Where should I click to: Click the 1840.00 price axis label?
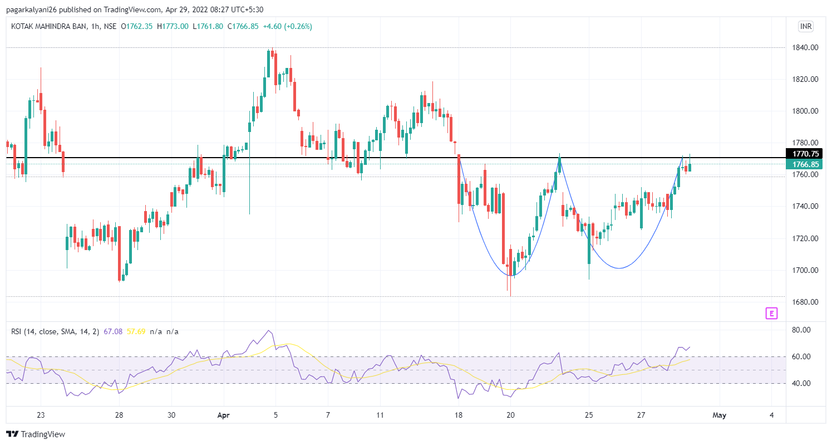pyautogui.click(x=805, y=48)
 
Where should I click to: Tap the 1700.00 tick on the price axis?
pyautogui.click(x=805, y=271)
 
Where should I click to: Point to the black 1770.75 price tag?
pyautogui.click(x=805, y=154)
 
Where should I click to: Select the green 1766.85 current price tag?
pyautogui.click(x=805, y=164)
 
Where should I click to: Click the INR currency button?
pyautogui.click(x=805, y=27)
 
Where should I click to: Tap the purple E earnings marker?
pyautogui.click(x=771, y=314)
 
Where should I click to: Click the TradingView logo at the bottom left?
pyautogui.click(x=36, y=434)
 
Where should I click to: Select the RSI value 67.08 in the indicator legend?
pyautogui.click(x=113, y=332)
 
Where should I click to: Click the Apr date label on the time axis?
pyautogui.click(x=224, y=415)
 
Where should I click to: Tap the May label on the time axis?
pyautogui.click(x=720, y=415)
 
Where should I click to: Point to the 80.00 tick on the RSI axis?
pyautogui.click(x=800, y=330)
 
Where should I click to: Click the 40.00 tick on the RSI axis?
pyautogui.click(x=800, y=384)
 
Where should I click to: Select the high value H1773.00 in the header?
pyautogui.click(x=173, y=26)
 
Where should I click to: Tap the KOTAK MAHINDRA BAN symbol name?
pyautogui.click(x=48, y=26)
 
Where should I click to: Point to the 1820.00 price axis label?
pyautogui.click(x=805, y=80)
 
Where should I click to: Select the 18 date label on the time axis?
pyautogui.click(x=459, y=415)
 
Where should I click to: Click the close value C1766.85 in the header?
pyautogui.click(x=240, y=26)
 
